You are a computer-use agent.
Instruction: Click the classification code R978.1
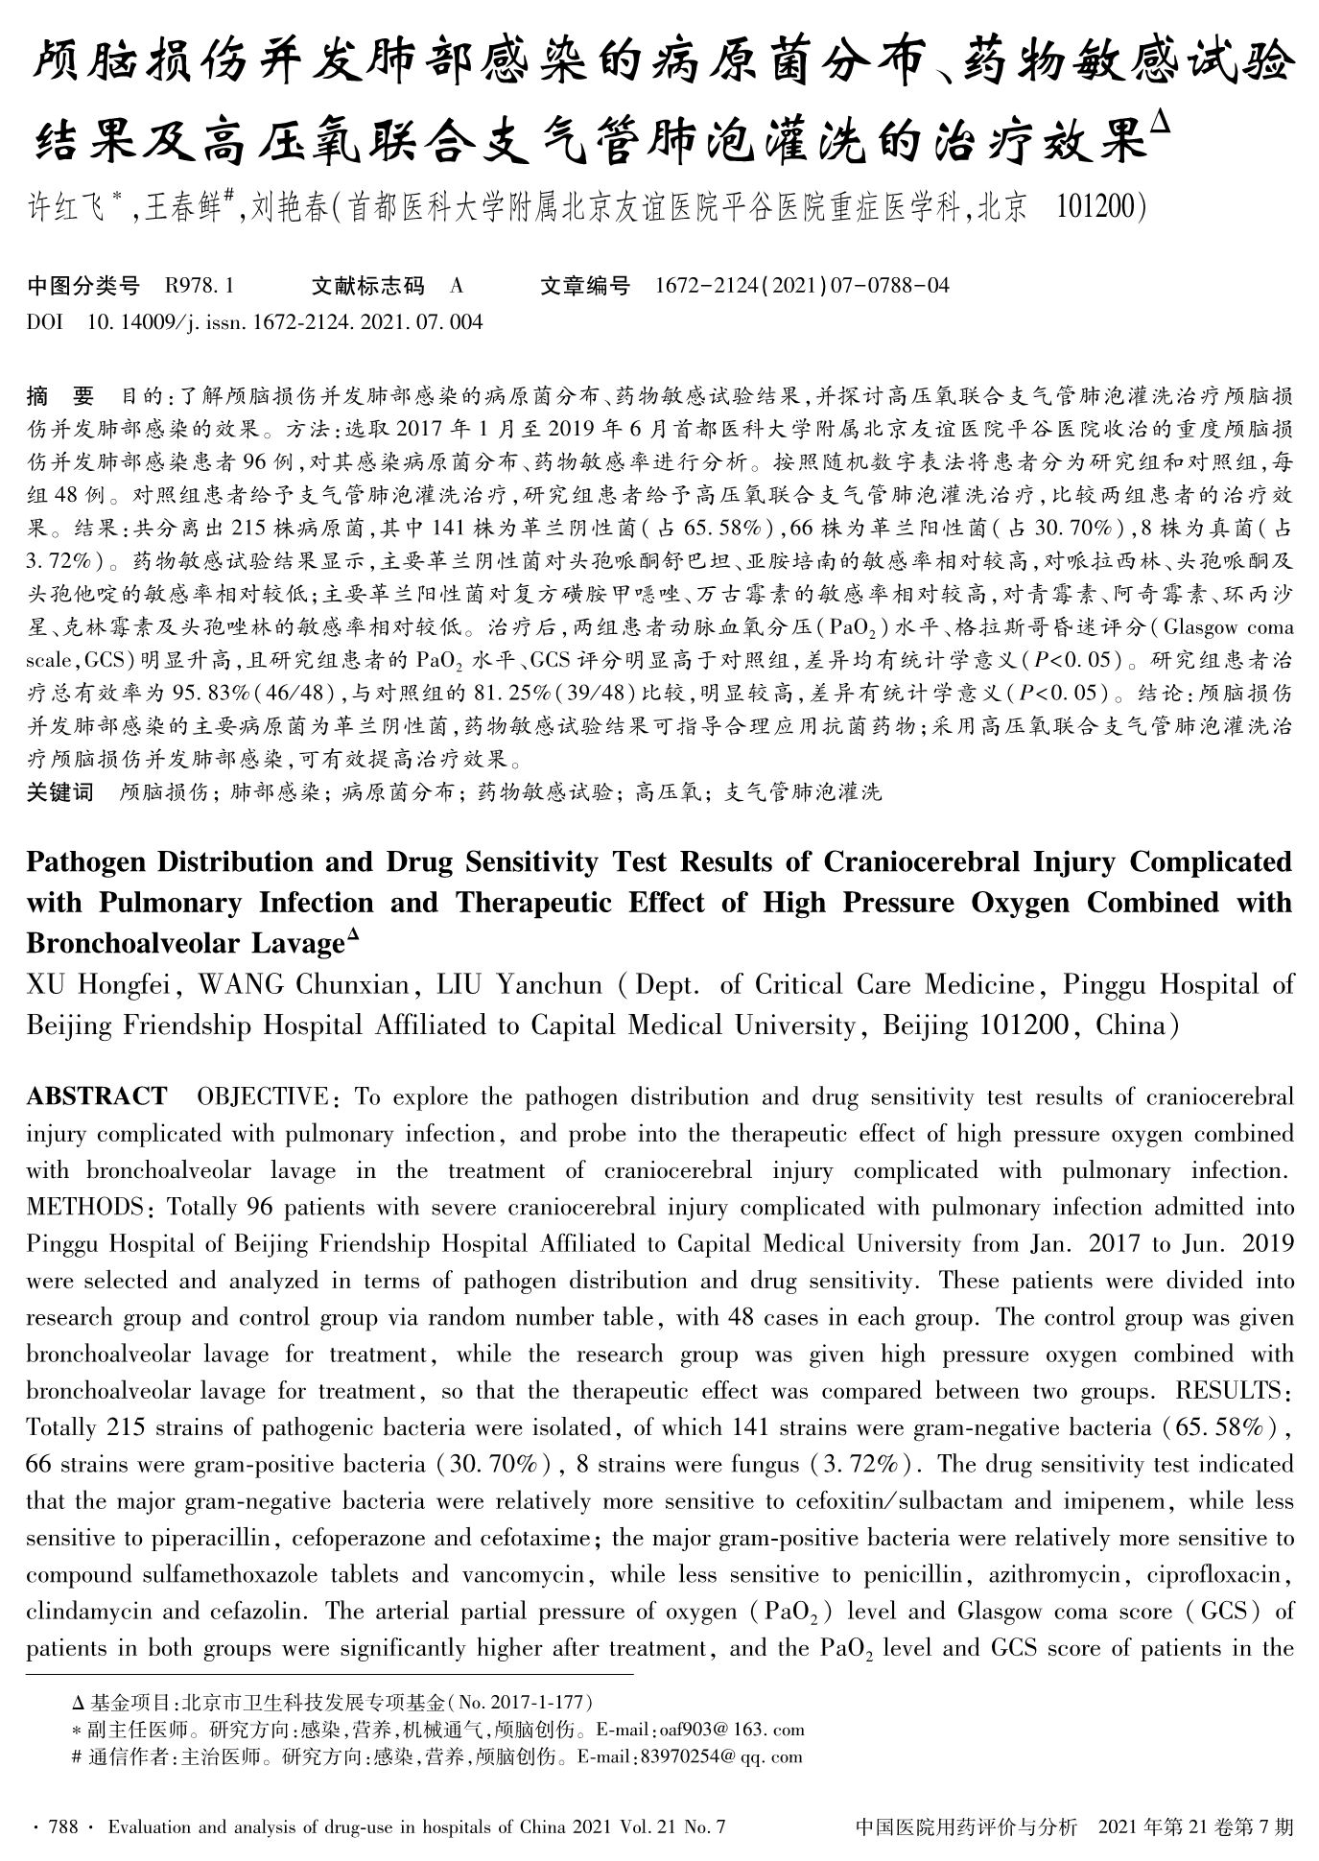pyautogui.click(x=200, y=286)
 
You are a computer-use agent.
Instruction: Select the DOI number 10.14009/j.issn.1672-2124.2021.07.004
pyautogui.click(x=284, y=322)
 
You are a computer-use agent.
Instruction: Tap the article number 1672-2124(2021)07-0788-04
pyautogui.click(x=802, y=286)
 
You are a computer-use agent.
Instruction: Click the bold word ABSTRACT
pyautogui.click(x=96, y=1096)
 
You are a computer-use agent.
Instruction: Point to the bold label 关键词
pyautogui.click(x=59, y=792)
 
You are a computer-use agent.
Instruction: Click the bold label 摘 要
pyautogui.click(x=61, y=396)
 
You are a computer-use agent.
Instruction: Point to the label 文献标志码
pyautogui.click(x=368, y=286)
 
